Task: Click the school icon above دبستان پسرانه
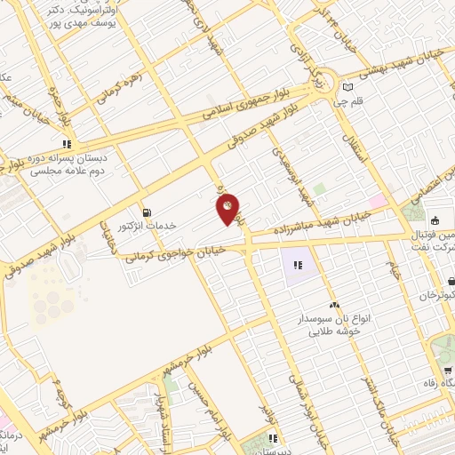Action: tap(66, 143)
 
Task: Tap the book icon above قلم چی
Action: tap(347, 87)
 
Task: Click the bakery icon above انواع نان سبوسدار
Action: tap(334, 306)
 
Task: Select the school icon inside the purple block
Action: tap(299, 263)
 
